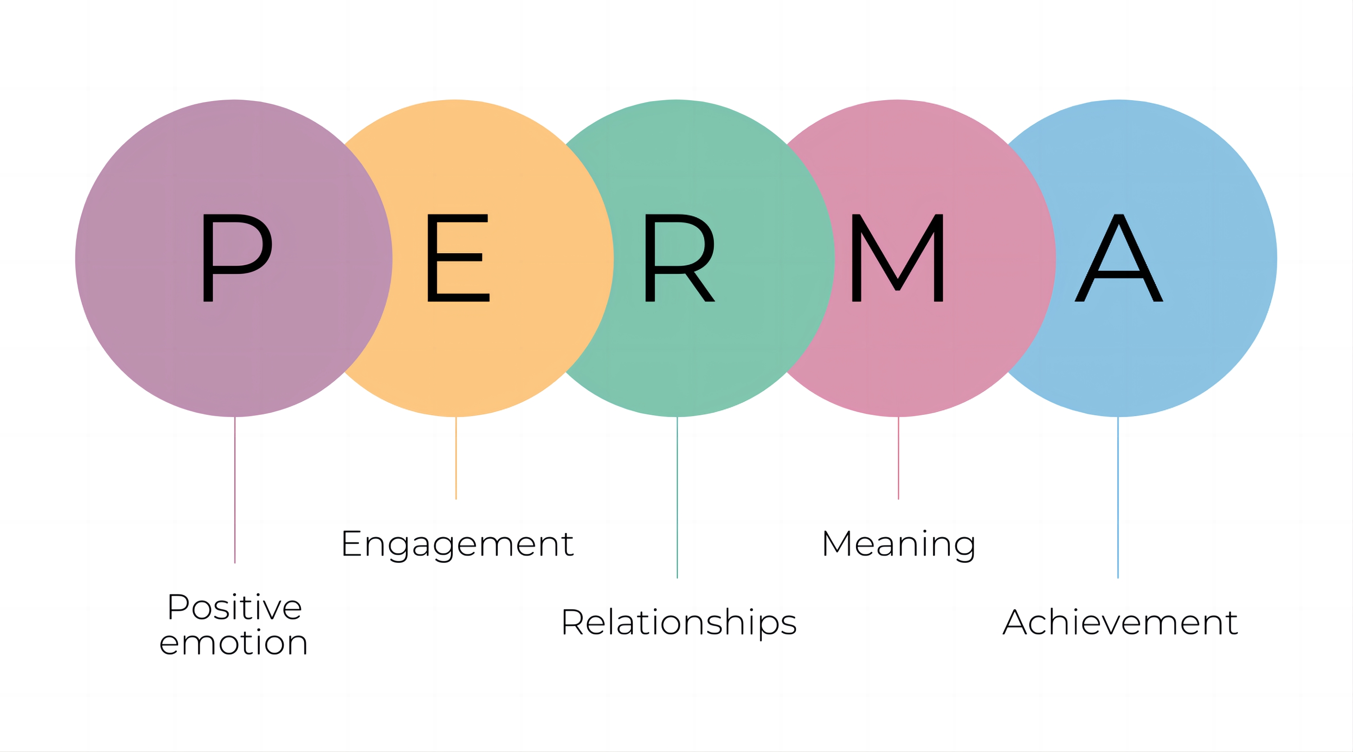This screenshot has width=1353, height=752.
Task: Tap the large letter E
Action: tap(457, 257)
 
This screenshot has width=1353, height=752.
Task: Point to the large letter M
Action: tap(897, 257)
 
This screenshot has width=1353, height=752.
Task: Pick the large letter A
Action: tap(1119, 257)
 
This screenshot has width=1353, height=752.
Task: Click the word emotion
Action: tap(233, 643)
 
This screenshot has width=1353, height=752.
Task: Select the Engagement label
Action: tap(457, 544)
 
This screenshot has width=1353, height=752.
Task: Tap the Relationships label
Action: tap(679, 623)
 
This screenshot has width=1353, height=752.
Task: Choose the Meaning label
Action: tap(898, 544)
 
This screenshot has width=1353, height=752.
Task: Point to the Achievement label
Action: tap(1120, 623)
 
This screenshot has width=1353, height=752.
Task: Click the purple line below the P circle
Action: tap(235, 489)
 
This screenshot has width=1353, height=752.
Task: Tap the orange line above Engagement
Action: tap(456, 457)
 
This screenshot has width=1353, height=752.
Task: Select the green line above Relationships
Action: tap(677, 497)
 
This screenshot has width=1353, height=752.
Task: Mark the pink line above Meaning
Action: tap(898, 457)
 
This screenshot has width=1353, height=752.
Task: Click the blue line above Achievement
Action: tap(1118, 497)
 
